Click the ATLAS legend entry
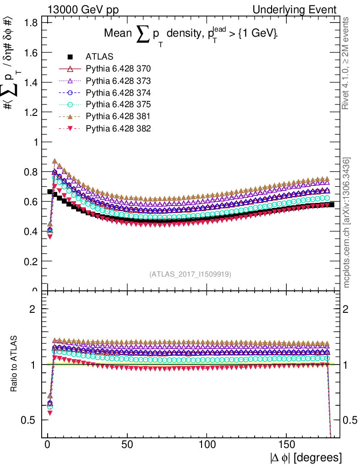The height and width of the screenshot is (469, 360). (x=99, y=57)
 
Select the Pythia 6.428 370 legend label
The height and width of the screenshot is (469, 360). (x=118, y=69)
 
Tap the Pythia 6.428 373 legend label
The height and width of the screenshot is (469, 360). (x=118, y=81)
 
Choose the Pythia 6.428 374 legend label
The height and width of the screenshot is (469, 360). (x=118, y=93)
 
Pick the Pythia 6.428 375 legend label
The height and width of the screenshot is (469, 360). (x=118, y=105)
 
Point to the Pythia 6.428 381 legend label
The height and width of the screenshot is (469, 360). (x=118, y=117)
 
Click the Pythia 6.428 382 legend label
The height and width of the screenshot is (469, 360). (x=118, y=129)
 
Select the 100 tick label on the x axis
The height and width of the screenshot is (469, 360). (x=207, y=445)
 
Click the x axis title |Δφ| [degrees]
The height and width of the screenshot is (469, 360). (x=305, y=458)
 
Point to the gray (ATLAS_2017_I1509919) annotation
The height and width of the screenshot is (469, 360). (x=190, y=274)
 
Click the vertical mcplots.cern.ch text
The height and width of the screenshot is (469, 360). (x=347, y=223)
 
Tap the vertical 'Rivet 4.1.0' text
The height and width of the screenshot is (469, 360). (x=347, y=63)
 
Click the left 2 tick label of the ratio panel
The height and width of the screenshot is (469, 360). (x=33, y=309)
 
